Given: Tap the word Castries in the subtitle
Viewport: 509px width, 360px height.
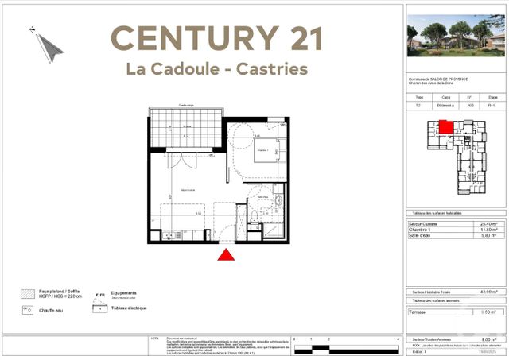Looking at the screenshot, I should (x=271, y=69).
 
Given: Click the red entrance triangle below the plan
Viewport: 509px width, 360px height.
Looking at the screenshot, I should (x=227, y=254).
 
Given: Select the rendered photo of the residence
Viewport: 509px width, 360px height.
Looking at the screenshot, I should (x=456, y=37).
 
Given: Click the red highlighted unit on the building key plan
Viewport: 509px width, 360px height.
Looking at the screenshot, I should (x=446, y=126).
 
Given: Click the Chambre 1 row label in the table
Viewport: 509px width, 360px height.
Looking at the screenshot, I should (x=422, y=230).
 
